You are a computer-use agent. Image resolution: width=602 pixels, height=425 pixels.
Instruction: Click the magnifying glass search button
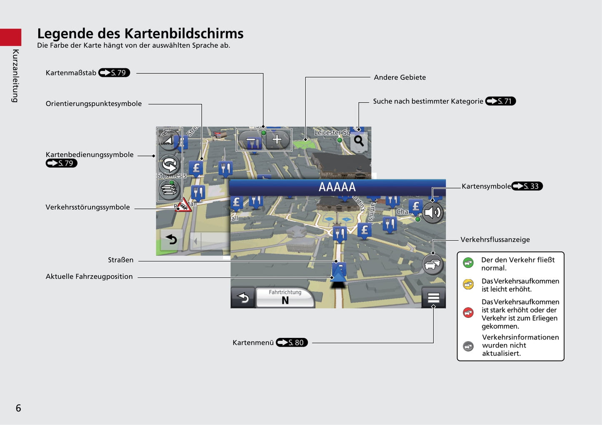359,141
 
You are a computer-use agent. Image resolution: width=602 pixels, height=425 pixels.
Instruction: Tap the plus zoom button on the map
277,140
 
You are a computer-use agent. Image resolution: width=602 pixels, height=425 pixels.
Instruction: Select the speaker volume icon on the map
432,213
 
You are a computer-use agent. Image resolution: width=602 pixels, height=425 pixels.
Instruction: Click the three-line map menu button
434,297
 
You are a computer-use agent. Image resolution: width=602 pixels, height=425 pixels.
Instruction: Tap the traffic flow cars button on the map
432,264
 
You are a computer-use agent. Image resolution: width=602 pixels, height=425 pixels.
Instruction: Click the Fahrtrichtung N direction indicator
285,297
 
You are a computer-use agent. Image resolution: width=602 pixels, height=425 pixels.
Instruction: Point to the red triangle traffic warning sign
183,205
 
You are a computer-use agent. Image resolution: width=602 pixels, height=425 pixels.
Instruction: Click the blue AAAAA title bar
337,187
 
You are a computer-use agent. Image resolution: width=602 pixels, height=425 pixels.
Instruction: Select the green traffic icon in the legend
468,262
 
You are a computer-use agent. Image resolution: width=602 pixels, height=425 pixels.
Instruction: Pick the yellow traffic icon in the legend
468,284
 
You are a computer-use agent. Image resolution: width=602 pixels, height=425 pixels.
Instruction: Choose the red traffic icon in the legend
468,312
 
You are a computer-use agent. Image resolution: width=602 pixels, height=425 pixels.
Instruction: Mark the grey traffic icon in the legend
468,346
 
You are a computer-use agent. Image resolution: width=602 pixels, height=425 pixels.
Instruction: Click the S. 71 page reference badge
500,101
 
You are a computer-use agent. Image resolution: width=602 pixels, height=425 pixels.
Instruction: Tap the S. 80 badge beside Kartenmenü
292,342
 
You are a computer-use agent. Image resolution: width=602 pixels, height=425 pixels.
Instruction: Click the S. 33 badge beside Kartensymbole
527,186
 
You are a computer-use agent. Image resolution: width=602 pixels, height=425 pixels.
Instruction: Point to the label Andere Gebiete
400,78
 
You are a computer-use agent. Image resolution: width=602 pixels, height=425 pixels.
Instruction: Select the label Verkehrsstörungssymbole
87,207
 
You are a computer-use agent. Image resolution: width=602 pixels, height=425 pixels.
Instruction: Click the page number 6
18,408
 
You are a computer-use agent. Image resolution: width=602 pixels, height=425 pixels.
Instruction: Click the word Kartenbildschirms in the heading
184,34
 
